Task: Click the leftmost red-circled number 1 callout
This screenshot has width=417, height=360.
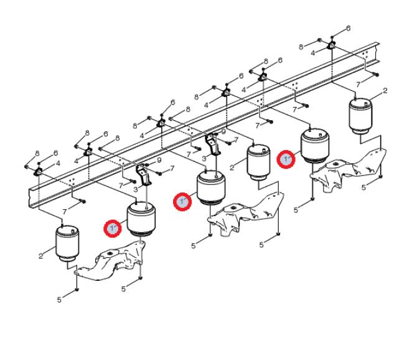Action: (x=113, y=229)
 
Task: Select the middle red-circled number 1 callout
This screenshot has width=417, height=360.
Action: (x=182, y=201)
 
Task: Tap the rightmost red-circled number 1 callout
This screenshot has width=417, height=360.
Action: (x=286, y=159)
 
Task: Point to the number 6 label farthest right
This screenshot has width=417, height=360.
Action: (x=348, y=28)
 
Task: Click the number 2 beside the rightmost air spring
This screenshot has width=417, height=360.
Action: (x=385, y=91)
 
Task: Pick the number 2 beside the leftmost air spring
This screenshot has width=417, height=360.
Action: (x=40, y=256)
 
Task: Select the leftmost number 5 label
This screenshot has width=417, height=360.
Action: (x=59, y=300)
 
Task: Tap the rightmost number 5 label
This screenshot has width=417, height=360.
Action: (x=363, y=187)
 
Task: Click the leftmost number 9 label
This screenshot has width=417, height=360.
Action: (x=159, y=160)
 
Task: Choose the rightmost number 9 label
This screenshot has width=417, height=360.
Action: (x=223, y=131)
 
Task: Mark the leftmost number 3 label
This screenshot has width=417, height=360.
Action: (x=136, y=189)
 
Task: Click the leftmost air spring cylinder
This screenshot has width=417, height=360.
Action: (x=67, y=244)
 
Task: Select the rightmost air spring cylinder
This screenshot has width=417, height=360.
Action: (x=360, y=116)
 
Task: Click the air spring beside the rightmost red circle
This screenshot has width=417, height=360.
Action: (x=315, y=146)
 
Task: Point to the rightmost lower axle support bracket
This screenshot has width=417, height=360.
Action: (x=349, y=170)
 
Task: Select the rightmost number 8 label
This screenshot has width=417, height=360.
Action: (x=301, y=47)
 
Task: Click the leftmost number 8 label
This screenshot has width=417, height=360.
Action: (x=37, y=153)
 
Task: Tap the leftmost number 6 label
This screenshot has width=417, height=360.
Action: (x=55, y=153)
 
